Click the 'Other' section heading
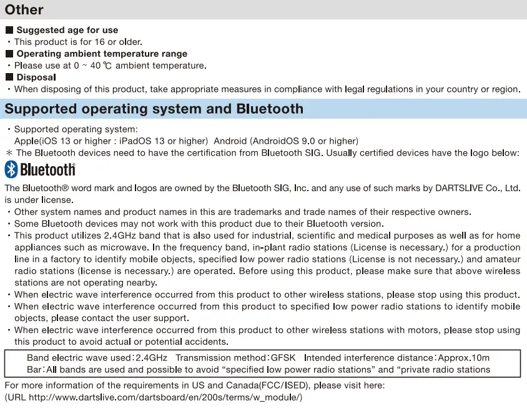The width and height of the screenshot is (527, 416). (x=24, y=10)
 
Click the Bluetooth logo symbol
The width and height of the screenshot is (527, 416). (x=11, y=169)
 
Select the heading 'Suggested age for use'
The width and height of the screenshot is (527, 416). (x=67, y=30)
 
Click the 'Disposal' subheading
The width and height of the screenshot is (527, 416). (x=36, y=77)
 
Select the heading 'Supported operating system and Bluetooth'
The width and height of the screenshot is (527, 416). (x=154, y=109)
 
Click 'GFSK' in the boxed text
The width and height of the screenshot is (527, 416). (x=283, y=358)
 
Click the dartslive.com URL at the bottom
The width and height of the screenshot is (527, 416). (x=165, y=397)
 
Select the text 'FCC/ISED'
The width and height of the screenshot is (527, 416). (x=280, y=385)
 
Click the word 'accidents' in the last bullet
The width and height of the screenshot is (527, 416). (x=204, y=342)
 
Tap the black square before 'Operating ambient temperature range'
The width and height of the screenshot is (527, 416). (x=9, y=54)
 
